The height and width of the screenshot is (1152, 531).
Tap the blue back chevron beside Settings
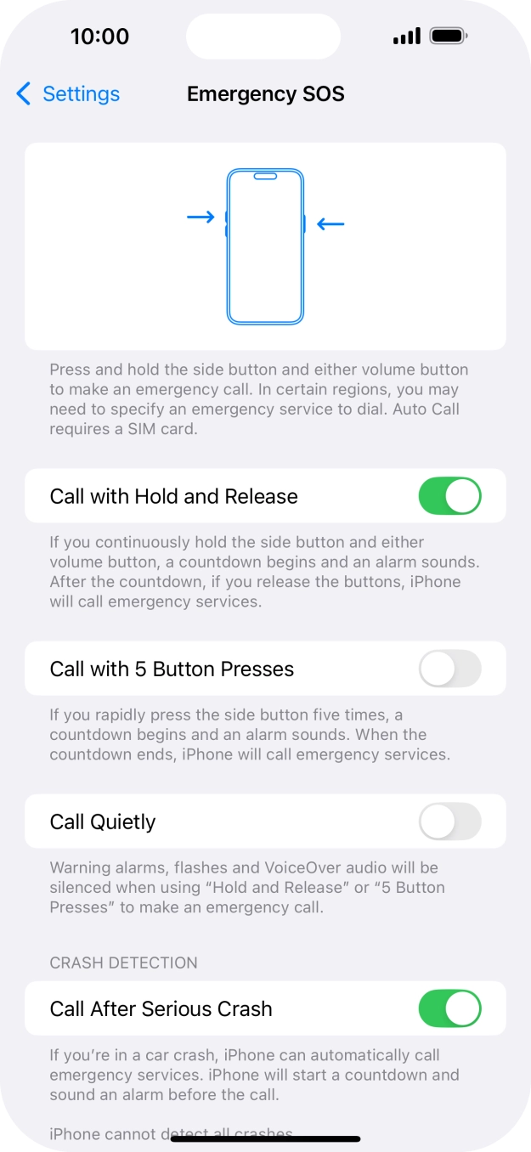pos(24,93)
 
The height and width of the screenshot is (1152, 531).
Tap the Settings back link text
pos(81,93)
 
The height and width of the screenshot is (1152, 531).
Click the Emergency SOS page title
pos(265,93)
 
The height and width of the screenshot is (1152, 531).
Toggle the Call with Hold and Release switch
pos(449,496)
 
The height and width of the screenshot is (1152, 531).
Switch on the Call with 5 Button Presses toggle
pos(449,669)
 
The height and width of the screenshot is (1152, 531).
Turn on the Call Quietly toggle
pos(449,822)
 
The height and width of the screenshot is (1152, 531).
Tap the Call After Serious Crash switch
pos(449,1008)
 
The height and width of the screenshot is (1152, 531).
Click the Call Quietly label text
pos(103,822)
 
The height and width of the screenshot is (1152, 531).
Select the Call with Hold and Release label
pos(173,496)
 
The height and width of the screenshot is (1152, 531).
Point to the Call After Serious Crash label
pos(161,1008)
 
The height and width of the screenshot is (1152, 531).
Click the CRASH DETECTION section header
pos(123,963)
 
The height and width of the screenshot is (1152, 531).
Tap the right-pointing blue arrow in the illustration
pos(201,217)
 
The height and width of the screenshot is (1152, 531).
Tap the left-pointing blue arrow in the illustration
pos(330,224)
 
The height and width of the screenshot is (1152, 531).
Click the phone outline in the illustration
pos(265,246)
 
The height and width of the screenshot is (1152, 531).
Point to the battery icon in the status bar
pos(449,37)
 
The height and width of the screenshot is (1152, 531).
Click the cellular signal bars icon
pos(407,37)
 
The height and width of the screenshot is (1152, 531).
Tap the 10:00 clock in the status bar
pos(99,37)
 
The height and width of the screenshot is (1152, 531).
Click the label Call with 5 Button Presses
pos(172,669)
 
